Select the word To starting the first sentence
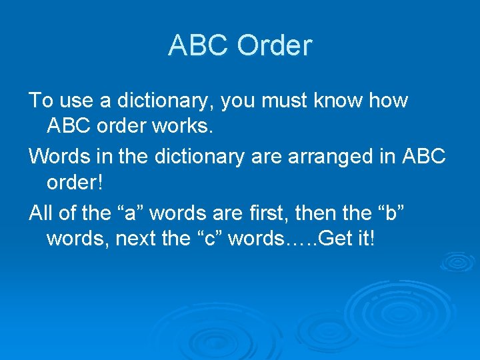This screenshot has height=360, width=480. [41, 101]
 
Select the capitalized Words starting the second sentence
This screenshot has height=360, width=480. [59, 157]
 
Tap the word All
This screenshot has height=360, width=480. [41, 213]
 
